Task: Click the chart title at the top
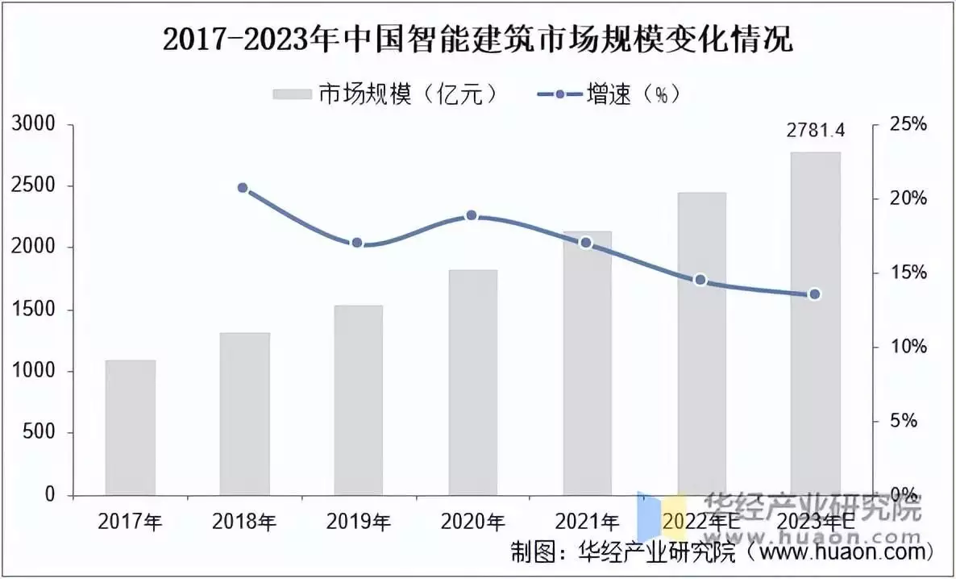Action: [477, 41]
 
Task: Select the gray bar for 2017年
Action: [131, 427]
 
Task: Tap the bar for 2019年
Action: [359, 400]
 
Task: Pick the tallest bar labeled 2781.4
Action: [815, 323]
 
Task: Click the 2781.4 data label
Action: [815, 131]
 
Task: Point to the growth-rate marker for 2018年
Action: [243, 188]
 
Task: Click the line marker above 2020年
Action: [472, 215]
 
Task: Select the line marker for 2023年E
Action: [815, 294]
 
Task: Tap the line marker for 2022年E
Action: [700, 280]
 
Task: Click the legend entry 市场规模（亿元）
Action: [387, 94]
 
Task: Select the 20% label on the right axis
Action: [907, 199]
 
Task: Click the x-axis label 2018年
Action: [244, 523]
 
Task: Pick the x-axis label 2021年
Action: [587, 523]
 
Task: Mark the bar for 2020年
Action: [472, 382]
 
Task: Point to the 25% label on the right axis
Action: [907, 125]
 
